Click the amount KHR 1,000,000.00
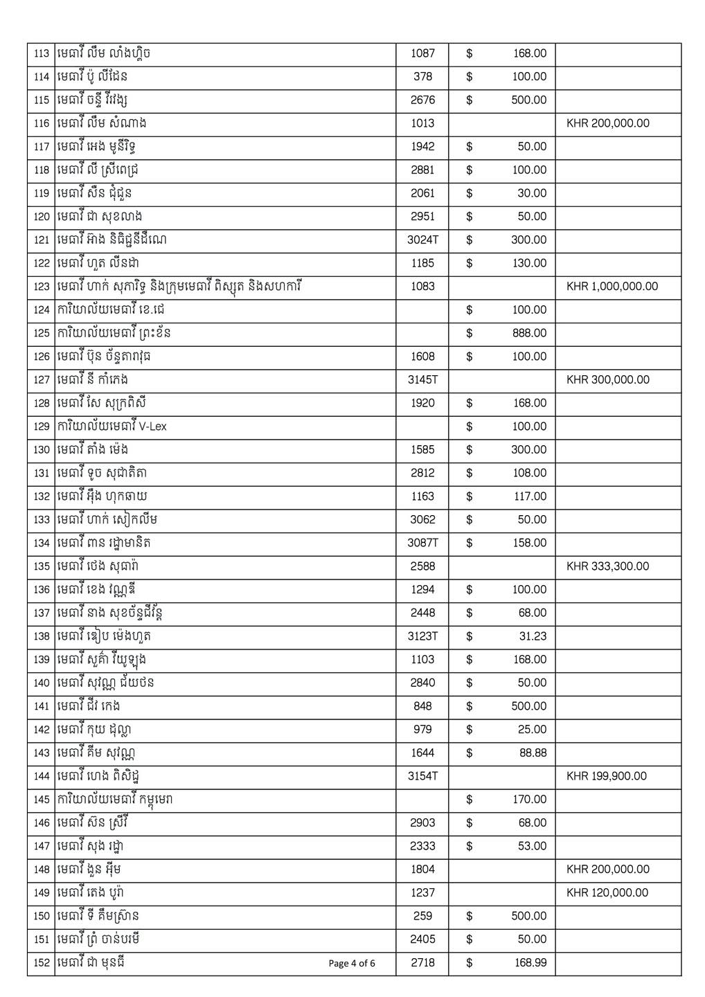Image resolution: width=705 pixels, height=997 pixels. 612,287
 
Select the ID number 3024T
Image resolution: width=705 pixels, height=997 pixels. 422,240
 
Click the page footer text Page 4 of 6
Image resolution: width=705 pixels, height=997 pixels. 352,963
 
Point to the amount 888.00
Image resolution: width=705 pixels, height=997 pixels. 529,333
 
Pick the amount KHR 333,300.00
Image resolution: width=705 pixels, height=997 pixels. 607,566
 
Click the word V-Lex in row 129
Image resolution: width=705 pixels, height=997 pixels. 152,426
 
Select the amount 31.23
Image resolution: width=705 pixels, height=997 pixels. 532,636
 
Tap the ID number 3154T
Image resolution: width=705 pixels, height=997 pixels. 422,776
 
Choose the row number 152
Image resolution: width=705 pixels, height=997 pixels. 42,963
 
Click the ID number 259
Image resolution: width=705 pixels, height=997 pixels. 422,916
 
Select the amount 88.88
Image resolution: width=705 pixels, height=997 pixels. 532,753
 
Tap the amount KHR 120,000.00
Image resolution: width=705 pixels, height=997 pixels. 607,892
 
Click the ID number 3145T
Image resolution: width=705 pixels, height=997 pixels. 422,380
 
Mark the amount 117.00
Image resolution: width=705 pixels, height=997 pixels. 529,496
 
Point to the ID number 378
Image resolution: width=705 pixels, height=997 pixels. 422,77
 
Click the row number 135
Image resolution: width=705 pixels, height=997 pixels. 42,566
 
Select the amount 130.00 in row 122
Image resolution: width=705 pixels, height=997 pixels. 529,263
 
